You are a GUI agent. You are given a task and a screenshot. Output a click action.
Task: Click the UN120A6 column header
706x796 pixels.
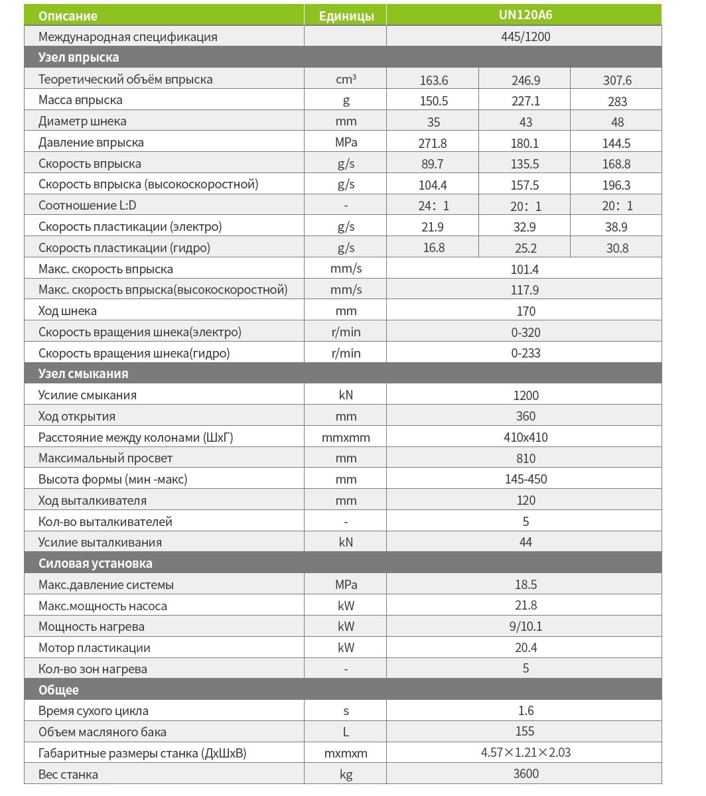coord(525,15)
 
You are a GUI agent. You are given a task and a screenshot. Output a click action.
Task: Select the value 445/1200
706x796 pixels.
coord(526,37)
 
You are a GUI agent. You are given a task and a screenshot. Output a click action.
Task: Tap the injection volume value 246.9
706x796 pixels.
coord(526,80)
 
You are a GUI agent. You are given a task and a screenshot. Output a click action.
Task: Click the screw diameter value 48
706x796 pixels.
coord(616,122)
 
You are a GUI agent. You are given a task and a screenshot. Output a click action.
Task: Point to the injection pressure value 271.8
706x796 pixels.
coord(433,143)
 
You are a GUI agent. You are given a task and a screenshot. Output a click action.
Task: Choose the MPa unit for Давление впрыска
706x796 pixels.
coord(346,143)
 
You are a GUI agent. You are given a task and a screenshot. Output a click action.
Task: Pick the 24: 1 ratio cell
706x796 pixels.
coord(433,206)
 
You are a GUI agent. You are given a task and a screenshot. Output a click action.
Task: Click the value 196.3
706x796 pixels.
coord(616,185)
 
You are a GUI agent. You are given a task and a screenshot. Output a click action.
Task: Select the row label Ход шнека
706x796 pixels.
coord(68,311)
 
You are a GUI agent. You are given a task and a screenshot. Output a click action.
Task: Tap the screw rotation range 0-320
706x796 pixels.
coord(526,332)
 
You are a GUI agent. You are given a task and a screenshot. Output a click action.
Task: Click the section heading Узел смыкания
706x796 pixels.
coord(84,374)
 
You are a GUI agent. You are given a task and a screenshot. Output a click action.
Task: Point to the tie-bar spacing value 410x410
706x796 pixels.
coord(526,438)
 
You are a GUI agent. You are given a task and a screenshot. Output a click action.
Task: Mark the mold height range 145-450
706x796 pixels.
coord(526,480)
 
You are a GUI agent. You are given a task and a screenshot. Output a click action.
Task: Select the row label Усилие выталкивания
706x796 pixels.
coord(100,543)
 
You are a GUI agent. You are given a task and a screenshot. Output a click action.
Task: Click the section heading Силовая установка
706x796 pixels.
coord(96,564)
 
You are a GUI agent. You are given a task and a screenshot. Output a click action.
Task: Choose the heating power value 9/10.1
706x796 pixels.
coord(526,627)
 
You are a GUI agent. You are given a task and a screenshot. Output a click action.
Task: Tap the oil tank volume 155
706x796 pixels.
coord(525,732)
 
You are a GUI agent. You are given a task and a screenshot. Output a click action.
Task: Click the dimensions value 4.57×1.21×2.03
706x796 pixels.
coord(526,753)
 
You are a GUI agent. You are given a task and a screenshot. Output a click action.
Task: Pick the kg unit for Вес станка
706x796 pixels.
coord(346,774)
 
